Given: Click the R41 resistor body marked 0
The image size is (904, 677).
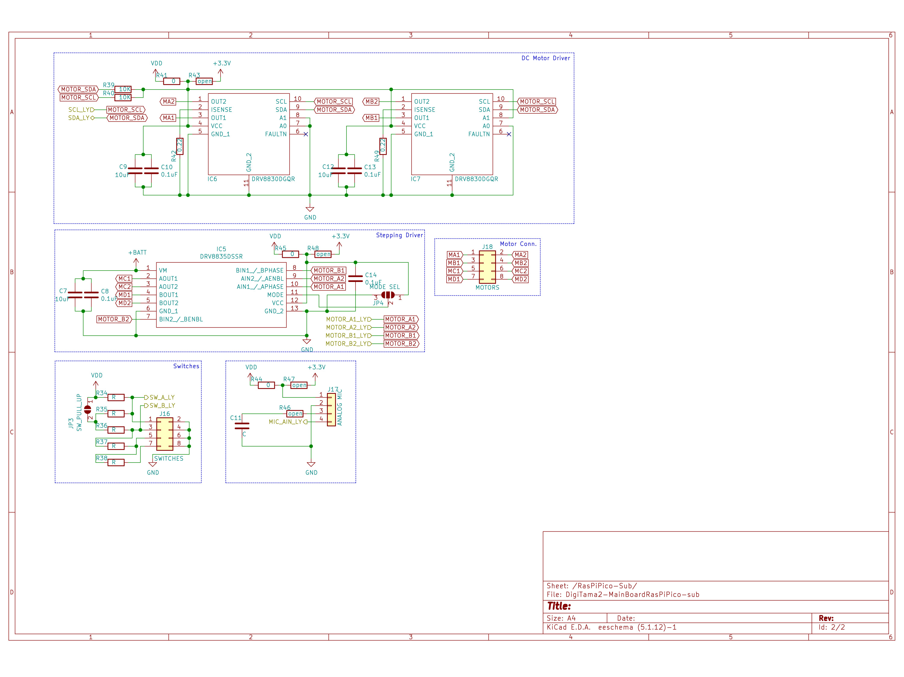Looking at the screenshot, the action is [x=172, y=81].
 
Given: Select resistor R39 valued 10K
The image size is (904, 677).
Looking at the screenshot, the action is [x=123, y=89].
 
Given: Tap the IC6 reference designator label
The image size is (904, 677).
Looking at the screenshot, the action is [x=212, y=179].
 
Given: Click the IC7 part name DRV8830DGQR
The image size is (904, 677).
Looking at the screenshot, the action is [x=476, y=179].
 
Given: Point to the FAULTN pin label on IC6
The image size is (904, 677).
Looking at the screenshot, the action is [x=276, y=134].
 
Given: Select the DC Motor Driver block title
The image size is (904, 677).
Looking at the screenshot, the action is [x=546, y=58].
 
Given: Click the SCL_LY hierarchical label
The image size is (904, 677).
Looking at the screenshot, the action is [x=79, y=110].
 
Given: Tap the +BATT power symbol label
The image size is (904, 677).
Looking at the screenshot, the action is [x=137, y=252].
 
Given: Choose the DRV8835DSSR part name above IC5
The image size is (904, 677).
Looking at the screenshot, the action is [x=221, y=257].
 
